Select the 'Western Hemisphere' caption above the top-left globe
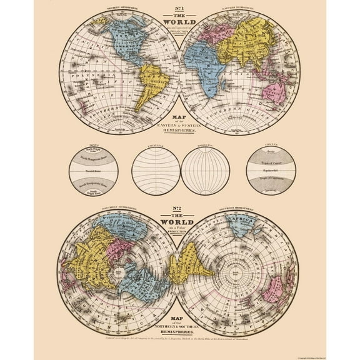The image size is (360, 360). coord(121,9)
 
